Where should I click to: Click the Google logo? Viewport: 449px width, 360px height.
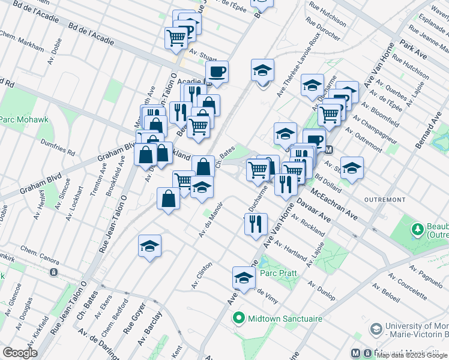20,353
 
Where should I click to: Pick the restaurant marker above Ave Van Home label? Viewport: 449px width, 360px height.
256,224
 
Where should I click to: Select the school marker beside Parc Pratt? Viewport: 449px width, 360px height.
244,278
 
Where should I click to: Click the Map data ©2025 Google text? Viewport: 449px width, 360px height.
412,355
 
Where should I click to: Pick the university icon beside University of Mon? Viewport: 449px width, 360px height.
376,329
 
